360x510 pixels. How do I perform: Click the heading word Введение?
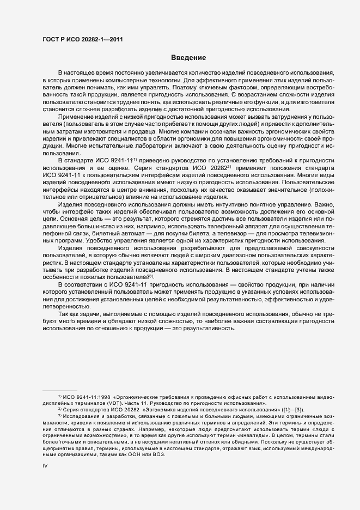188,57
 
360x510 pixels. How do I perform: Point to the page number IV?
45,466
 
